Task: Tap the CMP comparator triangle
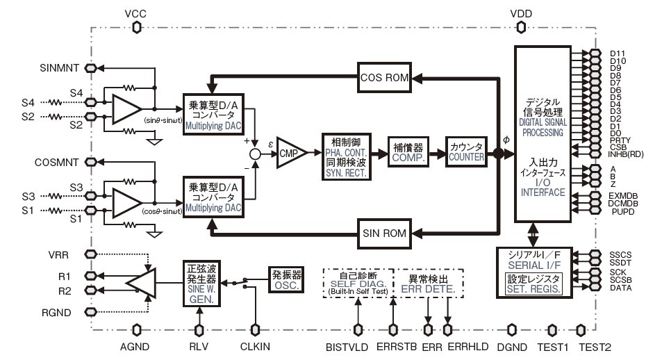[x=288, y=151]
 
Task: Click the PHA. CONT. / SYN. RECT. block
[x=347, y=152]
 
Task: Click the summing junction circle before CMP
[x=256, y=152]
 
